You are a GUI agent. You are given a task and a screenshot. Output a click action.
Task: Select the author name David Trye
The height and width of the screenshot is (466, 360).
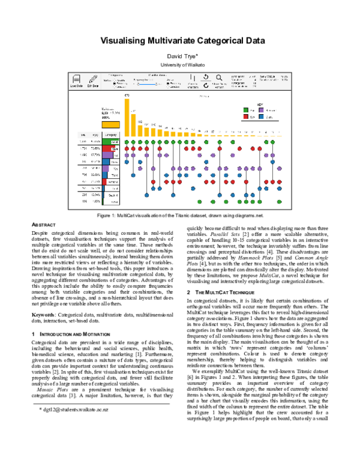pyautogui.click(x=180, y=55)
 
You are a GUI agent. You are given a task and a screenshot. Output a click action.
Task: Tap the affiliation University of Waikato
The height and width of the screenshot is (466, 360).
pyautogui.click(x=180, y=64)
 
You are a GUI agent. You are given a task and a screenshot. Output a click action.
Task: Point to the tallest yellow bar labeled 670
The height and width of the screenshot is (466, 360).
pyautogui.click(x=127, y=114)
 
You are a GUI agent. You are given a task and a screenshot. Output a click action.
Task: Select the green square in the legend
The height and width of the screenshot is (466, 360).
pyautogui.click(x=246, y=110)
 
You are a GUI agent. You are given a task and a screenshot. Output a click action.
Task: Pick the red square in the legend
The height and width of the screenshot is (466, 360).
pyautogui.click(x=246, y=118)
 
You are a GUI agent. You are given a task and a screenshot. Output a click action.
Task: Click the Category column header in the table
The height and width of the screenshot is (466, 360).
pyautogui.click(x=110, y=135)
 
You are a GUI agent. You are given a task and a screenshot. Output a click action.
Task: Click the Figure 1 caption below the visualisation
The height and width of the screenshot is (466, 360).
pyautogui.click(x=180, y=214)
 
